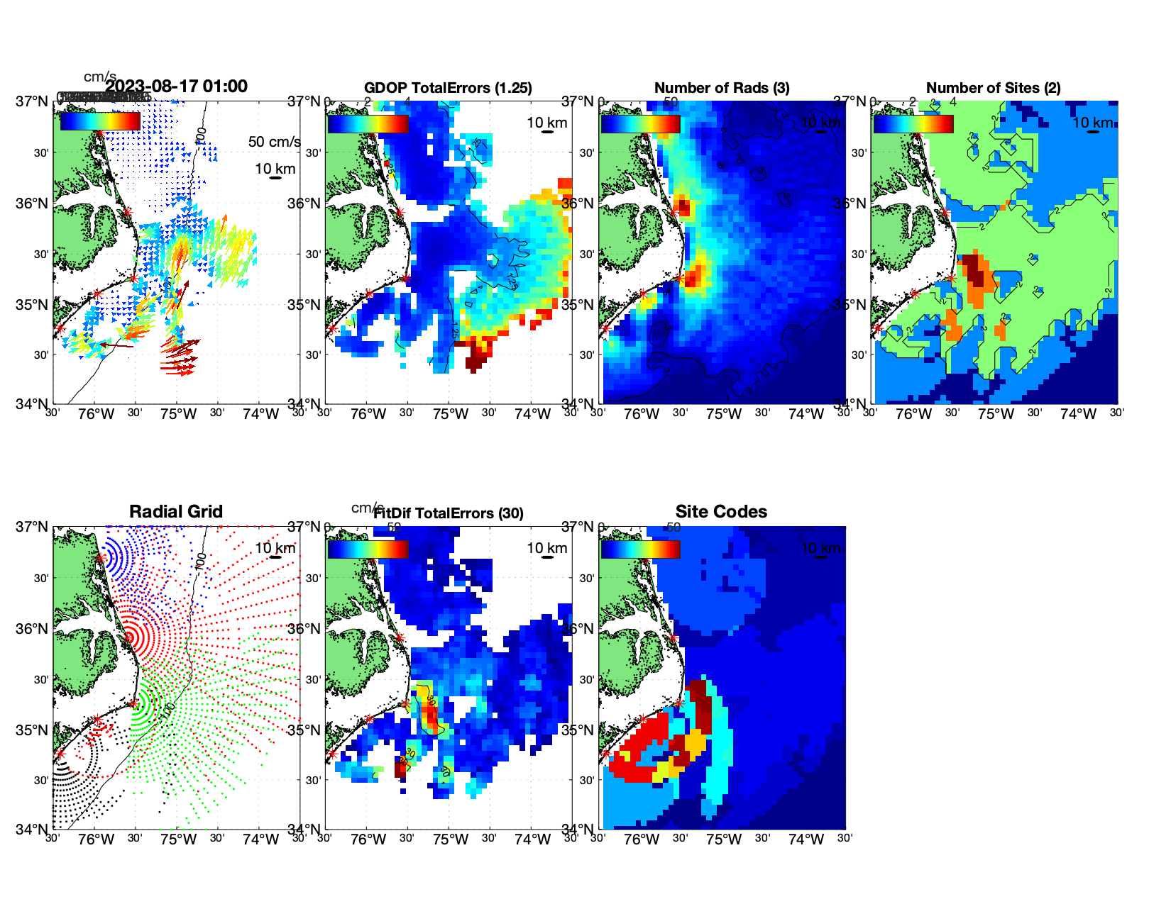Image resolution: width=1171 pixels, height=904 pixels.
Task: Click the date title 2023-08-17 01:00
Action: point(177,87)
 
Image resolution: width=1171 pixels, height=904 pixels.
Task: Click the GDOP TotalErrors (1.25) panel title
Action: point(448,88)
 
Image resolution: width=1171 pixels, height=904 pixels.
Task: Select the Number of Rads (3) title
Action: point(722,88)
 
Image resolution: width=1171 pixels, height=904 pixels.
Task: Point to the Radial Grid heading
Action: point(176,511)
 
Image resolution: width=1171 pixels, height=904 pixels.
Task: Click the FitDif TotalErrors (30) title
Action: point(449,513)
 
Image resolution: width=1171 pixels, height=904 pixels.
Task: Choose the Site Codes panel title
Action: point(721,511)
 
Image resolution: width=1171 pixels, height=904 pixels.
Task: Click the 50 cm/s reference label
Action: point(274,142)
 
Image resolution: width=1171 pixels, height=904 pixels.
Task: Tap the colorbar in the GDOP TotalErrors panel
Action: point(368,123)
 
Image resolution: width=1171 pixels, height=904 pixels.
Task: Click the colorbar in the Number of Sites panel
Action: point(913,123)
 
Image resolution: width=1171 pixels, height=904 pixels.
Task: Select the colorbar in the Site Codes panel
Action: point(640,549)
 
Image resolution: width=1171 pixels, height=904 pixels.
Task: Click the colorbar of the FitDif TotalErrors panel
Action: point(368,549)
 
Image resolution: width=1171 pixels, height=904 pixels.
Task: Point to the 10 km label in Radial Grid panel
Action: point(275,548)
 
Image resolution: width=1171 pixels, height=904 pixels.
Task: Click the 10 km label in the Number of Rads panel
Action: point(820,123)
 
